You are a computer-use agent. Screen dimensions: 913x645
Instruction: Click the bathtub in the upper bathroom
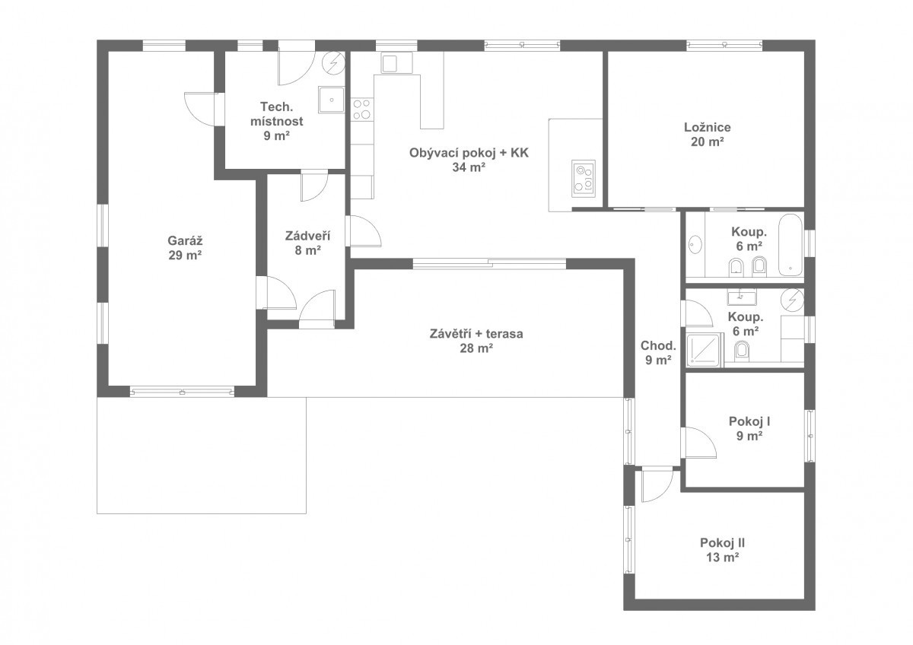791,245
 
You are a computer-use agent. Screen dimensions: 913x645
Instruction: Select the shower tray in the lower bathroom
705,350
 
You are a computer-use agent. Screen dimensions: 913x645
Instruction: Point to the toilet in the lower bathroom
743,351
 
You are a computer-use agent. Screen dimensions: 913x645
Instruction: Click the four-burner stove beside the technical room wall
362,110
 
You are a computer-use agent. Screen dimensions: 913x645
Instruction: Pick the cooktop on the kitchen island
584,179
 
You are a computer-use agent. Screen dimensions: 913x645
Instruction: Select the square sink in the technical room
331,100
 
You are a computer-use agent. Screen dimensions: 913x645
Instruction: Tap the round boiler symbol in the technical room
334,64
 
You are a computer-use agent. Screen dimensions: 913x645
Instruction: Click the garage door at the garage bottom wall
182,392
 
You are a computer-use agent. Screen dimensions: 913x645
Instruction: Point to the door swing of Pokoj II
657,485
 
